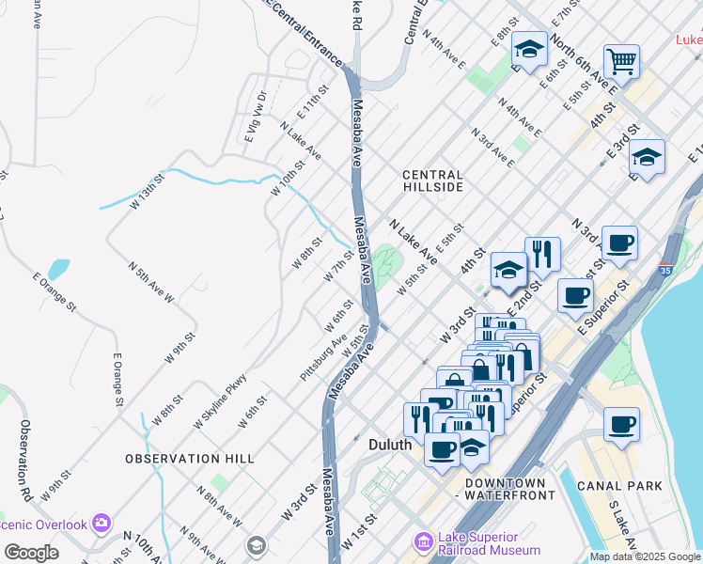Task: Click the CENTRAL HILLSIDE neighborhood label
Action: tap(432, 180)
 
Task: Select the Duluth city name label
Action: tap(389, 444)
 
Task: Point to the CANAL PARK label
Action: tap(619, 486)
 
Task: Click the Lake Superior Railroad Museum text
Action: tap(489, 543)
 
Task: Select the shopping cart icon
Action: tap(621, 62)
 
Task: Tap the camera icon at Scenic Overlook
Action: tap(101, 523)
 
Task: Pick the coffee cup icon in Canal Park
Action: tap(621, 424)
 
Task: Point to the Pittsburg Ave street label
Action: tap(323, 357)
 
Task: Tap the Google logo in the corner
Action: tap(31, 553)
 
